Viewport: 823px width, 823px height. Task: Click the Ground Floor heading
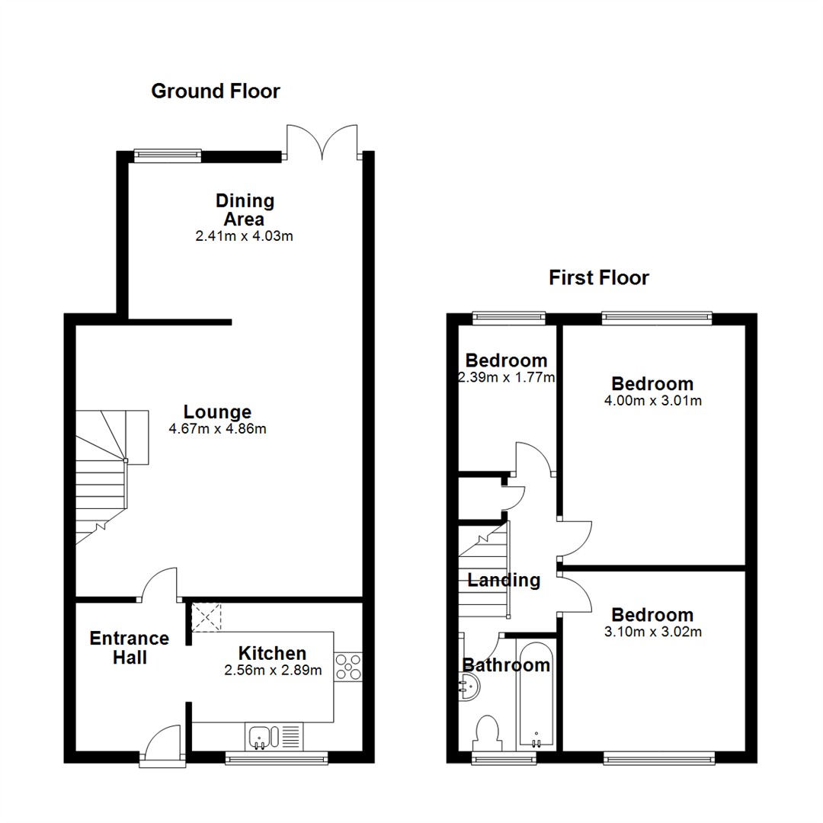tap(216, 91)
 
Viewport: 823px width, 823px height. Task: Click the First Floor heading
tap(599, 278)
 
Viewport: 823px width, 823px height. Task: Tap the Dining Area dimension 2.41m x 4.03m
tap(245, 236)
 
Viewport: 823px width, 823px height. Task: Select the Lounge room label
tap(217, 412)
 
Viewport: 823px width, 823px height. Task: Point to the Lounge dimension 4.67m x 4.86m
tap(217, 429)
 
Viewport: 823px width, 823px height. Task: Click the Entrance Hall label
tap(130, 648)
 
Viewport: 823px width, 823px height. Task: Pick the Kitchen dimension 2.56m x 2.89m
tap(272, 671)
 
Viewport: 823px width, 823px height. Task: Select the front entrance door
tap(162, 743)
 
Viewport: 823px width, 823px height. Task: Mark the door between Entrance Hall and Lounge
tap(160, 584)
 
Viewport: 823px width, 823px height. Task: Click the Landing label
tap(504, 581)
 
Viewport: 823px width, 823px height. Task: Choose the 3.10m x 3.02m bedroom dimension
tap(652, 632)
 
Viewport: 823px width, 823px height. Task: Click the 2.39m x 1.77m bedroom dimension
tap(506, 377)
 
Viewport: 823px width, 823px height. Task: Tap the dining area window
tap(168, 156)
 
